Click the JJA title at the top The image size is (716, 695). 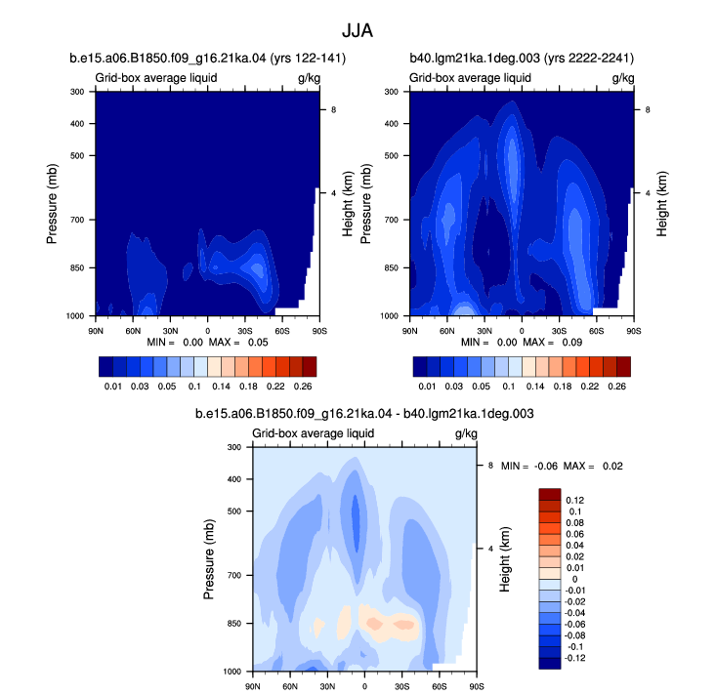[358, 31]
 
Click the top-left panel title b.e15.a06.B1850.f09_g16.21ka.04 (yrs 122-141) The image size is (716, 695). [208, 59]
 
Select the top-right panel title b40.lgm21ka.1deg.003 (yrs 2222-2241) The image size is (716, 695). [522, 59]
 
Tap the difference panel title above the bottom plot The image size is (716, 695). [364, 414]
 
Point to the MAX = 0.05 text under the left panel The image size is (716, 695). [238, 343]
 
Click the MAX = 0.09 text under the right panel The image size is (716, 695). [553, 343]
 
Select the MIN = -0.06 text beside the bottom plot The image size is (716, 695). [529, 466]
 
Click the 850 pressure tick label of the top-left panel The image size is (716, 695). [77, 267]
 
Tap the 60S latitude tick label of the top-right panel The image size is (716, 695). [597, 331]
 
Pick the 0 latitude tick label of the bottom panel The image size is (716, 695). [364, 686]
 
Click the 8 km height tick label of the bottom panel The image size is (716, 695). [490, 466]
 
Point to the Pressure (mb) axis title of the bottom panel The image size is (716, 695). [209, 559]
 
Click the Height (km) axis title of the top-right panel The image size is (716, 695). [662, 204]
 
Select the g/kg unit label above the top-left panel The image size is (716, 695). [309, 78]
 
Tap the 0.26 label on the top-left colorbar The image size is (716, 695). [303, 387]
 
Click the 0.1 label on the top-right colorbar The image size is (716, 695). [509, 387]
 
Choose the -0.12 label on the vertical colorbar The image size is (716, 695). [575, 658]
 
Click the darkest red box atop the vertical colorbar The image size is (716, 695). [550, 494]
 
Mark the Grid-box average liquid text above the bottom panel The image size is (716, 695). [314, 433]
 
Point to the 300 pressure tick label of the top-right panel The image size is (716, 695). [392, 92]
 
